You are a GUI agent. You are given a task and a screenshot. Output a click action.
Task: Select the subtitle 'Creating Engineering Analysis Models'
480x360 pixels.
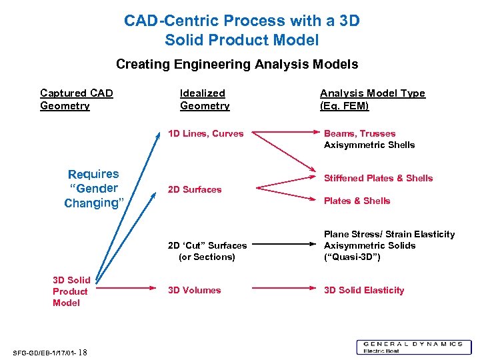tap(237, 65)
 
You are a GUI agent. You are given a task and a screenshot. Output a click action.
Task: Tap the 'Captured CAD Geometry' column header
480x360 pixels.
tap(76, 99)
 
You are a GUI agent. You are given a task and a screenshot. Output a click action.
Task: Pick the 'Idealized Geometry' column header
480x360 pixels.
tap(204, 99)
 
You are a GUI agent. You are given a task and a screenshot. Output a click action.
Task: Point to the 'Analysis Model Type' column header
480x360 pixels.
tap(372, 99)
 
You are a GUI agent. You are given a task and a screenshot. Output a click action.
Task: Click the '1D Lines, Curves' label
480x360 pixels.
tap(205, 133)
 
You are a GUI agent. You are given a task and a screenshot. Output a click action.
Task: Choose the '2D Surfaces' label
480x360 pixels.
tap(194, 189)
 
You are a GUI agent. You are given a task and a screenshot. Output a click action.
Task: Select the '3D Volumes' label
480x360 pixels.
tap(194, 290)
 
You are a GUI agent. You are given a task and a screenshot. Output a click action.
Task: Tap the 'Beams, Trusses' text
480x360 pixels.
tap(359, 133)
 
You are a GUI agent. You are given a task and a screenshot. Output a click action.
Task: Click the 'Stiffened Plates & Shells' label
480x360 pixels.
tap(378, 178)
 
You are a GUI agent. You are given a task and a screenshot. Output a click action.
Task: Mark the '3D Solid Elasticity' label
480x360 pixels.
tap(364, 290)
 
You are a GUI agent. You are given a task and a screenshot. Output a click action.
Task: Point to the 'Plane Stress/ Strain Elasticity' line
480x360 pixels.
tap(389, 234)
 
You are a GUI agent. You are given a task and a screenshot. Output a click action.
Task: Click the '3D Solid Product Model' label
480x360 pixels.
tap(70, 291)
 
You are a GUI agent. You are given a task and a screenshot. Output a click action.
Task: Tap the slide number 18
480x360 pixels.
tap(83, 353)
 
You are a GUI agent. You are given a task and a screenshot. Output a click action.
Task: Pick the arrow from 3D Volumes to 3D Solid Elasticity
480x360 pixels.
tap(280, 290)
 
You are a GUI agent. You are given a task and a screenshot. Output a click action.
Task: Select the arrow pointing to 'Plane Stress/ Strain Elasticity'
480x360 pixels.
tap(280, 245)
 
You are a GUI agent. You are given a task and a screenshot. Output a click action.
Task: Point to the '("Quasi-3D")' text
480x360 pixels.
tap(352, 257)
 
